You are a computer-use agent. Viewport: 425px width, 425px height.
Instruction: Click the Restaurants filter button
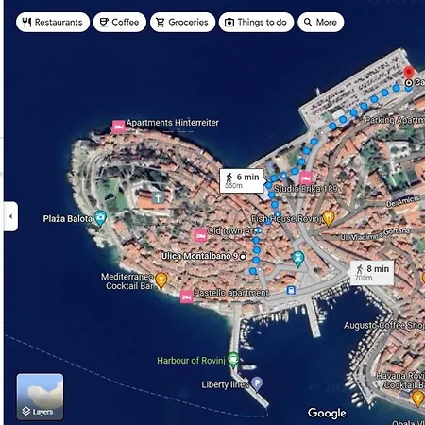tap(53, 22)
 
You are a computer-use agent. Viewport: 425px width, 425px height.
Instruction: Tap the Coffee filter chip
tap(119, 22)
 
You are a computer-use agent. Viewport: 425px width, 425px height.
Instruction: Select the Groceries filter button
tap(181, 22)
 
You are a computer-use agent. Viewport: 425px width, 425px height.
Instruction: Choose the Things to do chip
tap(256, 22)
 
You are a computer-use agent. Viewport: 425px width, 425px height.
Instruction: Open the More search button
tap(320, 22)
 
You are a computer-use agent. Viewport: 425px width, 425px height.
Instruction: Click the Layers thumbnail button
tap(40, 397)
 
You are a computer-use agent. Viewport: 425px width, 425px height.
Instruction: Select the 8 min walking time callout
tap(370, 272)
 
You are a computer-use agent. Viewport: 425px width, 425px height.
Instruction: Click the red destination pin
tap(409, 73)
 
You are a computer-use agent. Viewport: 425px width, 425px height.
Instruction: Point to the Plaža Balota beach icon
tap(101, 218)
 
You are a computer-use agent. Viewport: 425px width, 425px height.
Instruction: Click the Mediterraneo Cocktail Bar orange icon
tap(161, 280)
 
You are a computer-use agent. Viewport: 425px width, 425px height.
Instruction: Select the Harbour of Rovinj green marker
tap(233, 361)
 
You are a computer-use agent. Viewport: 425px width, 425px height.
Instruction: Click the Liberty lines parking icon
tap(257, 383)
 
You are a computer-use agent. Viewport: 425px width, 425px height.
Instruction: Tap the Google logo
tap(327, 413)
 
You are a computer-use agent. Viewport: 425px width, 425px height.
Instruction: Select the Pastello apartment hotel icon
tap(186, 297)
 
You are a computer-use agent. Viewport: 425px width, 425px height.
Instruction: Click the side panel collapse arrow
tap(10, 215)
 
